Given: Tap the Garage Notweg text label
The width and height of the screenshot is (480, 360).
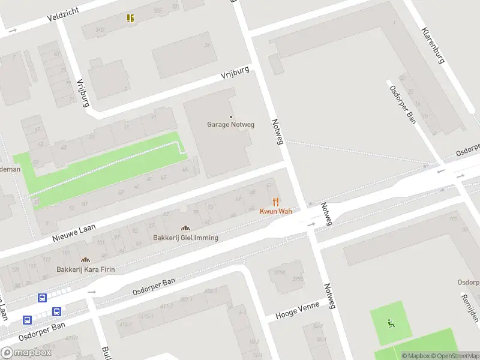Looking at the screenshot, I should (231, 125).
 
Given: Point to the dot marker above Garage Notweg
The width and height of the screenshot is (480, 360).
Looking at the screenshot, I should (231, 116).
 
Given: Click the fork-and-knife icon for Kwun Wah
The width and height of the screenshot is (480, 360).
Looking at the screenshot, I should (275, 202).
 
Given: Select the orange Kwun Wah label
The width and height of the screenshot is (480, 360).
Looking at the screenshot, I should (275, 211).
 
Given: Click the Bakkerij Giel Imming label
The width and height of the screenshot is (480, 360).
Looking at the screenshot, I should (185, 238).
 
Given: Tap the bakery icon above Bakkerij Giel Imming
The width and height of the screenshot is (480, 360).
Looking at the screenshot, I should (185, 228).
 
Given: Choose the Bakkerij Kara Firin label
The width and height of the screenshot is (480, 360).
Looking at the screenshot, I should (85, 269).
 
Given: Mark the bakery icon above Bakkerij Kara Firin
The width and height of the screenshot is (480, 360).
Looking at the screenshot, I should (85, 260).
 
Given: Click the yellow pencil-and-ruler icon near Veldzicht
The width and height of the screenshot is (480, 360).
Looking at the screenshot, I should (130, 18).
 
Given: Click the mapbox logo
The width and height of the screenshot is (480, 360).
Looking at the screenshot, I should (26, 352).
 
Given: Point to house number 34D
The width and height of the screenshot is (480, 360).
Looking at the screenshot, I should (100, 29).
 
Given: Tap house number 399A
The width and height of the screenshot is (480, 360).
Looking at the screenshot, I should (280, 272).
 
